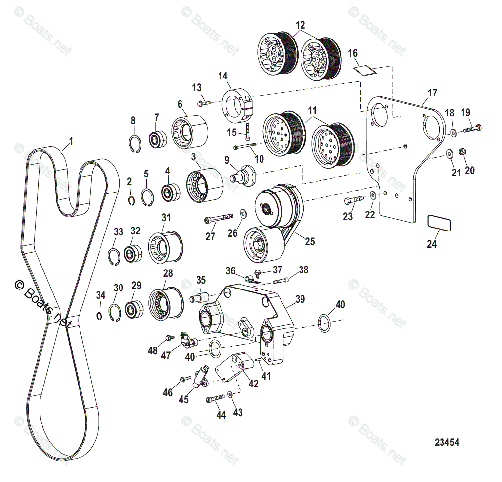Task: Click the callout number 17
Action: click(432, 93)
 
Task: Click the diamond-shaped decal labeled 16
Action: click(365, 70)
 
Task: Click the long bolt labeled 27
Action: click(218, 217)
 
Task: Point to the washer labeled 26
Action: click(242, 212)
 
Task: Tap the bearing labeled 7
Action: click(157, 140)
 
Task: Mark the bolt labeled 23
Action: click(354, 200)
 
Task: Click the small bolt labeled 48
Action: click(170, 337)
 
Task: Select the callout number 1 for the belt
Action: click(71, 141)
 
